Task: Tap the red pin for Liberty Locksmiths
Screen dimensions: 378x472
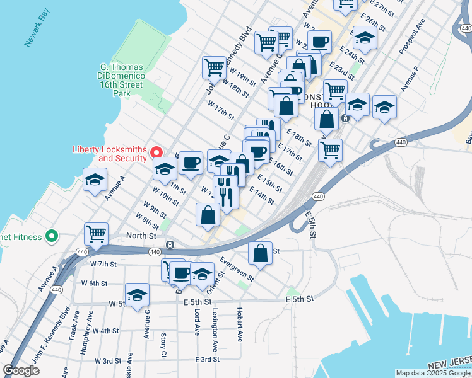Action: [158, 153]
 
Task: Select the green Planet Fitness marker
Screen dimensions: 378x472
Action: [52, 237]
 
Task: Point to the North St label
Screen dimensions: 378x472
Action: [141, 235]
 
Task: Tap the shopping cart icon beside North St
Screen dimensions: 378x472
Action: [96, 234]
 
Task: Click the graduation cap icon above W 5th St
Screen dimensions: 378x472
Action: [138, 294]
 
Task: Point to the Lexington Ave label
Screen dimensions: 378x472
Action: [215, 329]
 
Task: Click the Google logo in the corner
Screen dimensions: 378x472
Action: [21, 370]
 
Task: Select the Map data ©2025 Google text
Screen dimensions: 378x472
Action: [432, 373]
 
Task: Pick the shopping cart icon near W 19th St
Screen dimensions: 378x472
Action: [215, 68]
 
